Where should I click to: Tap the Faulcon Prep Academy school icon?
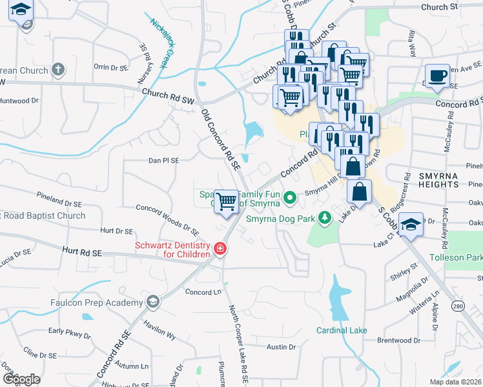coord(153,302)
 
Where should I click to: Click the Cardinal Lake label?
coord(342,330)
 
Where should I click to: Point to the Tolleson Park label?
coord(456,258)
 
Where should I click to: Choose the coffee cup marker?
coord(437,74)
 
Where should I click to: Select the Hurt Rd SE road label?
coord(83,250)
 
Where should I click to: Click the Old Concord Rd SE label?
coord(220,139)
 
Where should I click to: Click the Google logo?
coord(21,379)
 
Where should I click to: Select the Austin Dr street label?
coord(281,346)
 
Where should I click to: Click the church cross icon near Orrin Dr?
coord(58,70)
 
